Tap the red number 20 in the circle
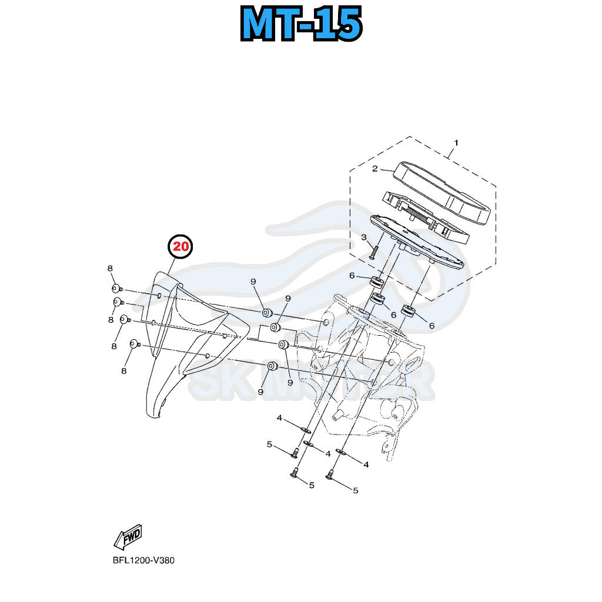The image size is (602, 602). coord(181,247)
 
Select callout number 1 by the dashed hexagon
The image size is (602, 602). coord(456,143)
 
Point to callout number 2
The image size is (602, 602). coord(374,169)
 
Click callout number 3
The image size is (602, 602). coord(364,238)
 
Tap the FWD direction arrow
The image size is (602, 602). coord(128,537)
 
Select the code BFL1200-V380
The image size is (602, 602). coord(143,560)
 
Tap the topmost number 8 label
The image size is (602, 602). coord(110,269)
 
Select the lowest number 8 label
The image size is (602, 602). coord(124,371)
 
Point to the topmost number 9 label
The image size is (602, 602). coord(253,282)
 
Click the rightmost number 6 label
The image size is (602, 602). coord(432,325)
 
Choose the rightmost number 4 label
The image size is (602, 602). coord(366,464)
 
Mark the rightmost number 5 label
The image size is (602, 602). coord(355,490)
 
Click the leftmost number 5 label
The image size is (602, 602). coord(269,444)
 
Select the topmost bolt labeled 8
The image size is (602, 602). coord(116,289)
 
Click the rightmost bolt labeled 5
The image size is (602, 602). coord(330,474)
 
